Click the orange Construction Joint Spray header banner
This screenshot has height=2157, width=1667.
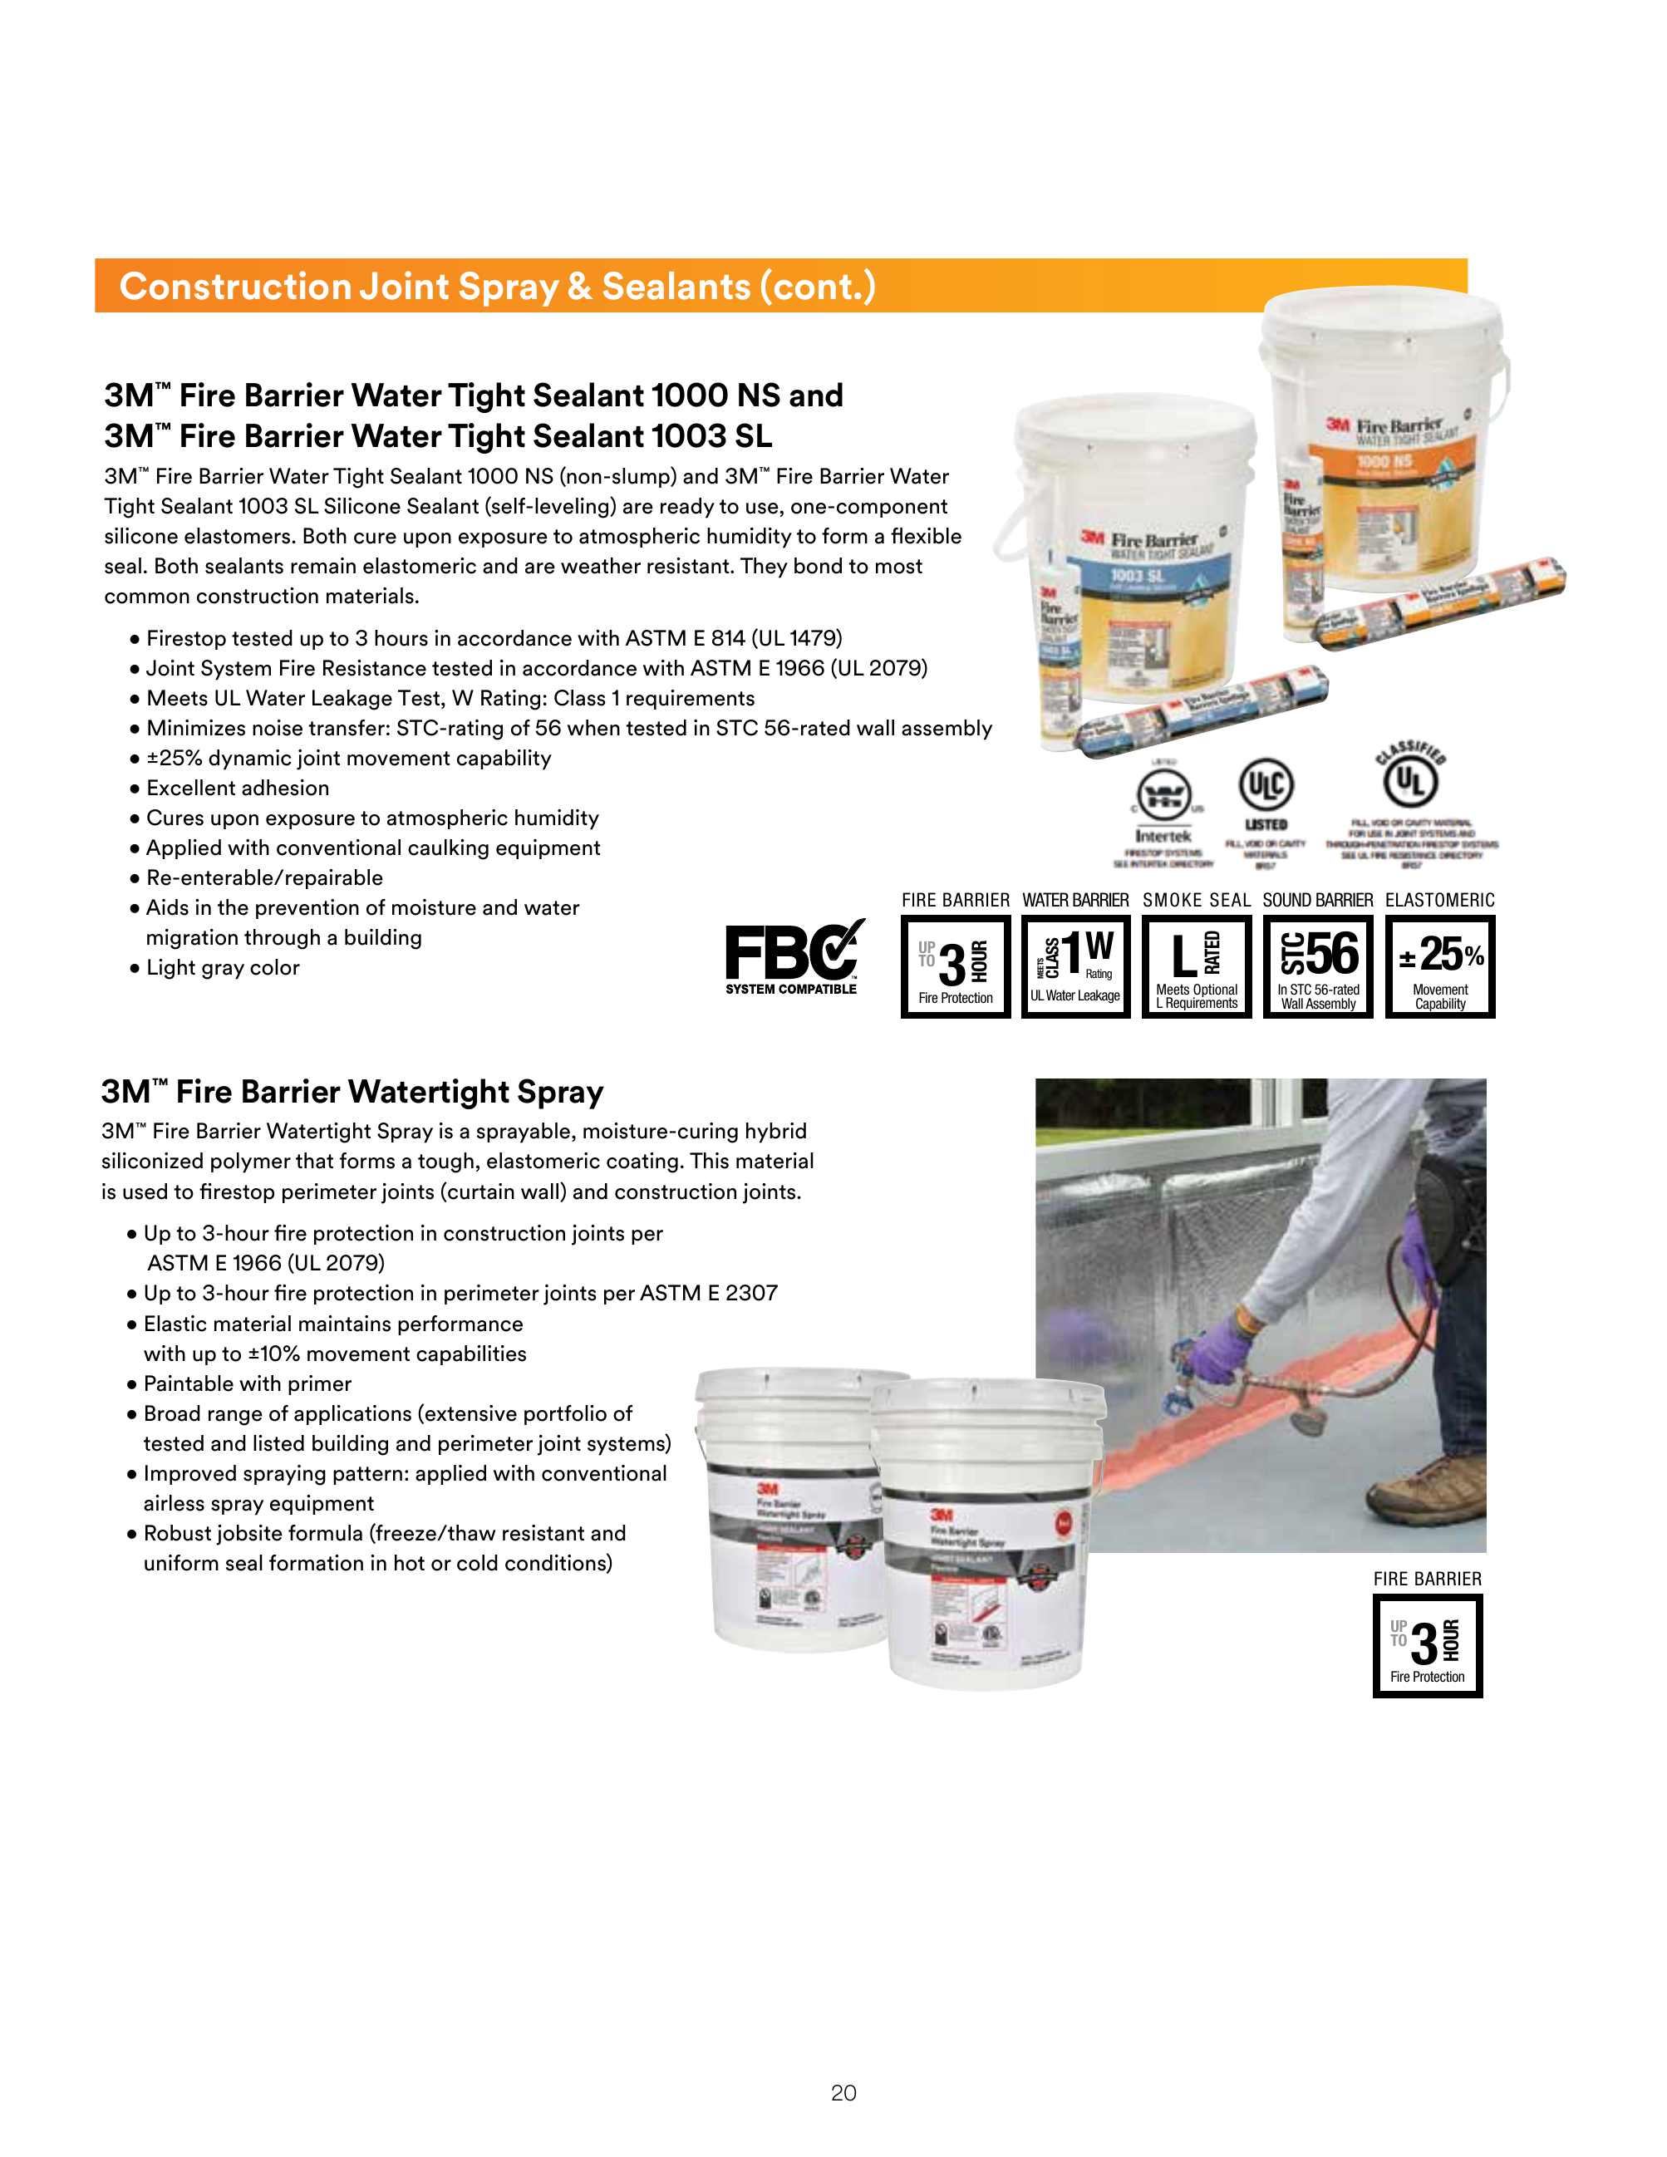click(x=780, y=287)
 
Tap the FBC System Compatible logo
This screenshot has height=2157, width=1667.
click(x=793, y=958)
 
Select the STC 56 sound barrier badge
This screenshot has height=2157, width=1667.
click(x=1317, y=965)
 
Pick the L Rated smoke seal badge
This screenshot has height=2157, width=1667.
click(x=1196, y=965)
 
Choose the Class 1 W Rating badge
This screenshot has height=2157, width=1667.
click(x=1075, y=965)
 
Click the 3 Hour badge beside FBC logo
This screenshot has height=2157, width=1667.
click(x=955, y=965)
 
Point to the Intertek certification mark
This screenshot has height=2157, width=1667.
click(x=1163, y=810)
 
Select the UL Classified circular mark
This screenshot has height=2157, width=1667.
click(x=1410, y=781)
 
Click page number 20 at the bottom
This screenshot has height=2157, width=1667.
click(x=843, y=2093)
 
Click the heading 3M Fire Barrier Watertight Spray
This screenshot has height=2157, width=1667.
click(x=352, y=1091)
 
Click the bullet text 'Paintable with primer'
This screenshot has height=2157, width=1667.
click(x=247, y=1383)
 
